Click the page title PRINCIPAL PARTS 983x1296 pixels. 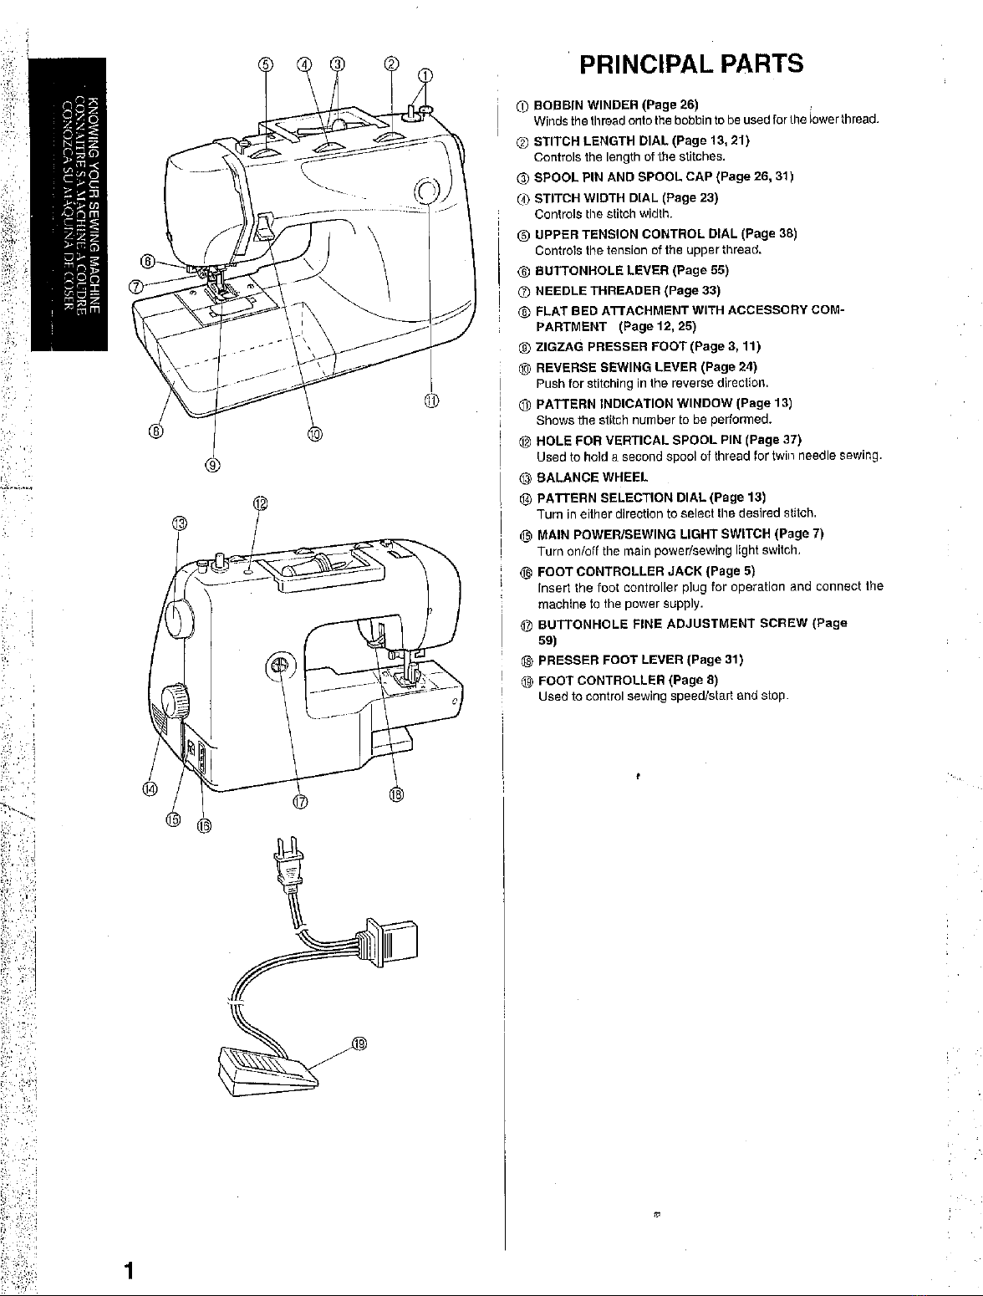tap(691, 64)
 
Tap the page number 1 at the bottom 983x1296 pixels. tap(129, 1270)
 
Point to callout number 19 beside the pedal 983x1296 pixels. tap(359, 1043)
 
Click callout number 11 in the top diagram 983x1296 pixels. tap(431, 401)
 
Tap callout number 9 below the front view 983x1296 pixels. tap(213, 465)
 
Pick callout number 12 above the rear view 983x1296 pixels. tap(260, 503)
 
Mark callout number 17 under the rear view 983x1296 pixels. tap(300, 802)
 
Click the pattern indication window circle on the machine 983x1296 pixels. tap(427, 190)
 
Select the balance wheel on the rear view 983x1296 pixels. tap(180, 619)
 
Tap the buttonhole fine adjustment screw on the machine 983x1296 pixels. tap(280, 666)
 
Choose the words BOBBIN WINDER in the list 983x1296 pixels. tap(586, 105)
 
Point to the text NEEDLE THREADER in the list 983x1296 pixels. tap(598, 290)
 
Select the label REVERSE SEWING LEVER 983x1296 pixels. tap(617, 367)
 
